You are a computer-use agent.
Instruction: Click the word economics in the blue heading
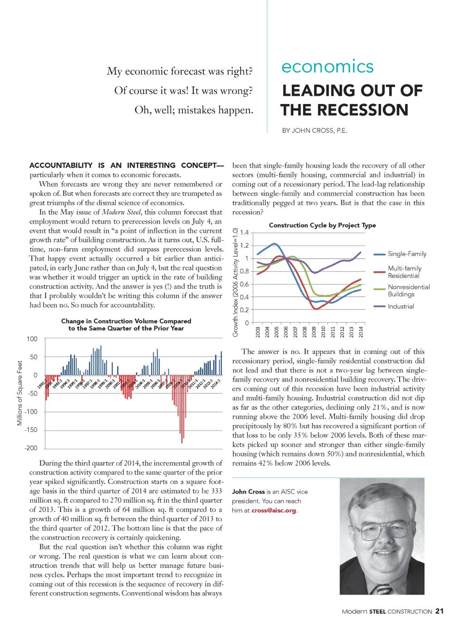click(327, 67)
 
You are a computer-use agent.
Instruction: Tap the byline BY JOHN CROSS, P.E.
click(314, 131)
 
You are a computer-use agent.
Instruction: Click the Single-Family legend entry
click(406, 254)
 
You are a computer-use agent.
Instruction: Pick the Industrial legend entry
click(400, 306)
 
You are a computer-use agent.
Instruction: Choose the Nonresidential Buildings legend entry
click(408, 291)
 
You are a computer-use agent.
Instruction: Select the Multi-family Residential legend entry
click(404, 272)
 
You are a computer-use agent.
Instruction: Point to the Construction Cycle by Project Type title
click(322, 225)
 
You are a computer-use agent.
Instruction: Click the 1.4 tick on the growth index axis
click(244, 232)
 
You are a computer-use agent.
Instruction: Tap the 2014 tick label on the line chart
click(361, 331)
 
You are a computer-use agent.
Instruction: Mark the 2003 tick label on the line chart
click(258, 331)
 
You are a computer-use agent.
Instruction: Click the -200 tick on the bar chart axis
click(31, 448)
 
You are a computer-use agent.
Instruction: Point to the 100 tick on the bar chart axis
click(32, 339)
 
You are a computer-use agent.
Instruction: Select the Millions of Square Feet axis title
click(19, 393)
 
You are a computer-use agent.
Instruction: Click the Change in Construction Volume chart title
click(126, 325)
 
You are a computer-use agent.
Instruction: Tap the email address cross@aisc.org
click(274, 511)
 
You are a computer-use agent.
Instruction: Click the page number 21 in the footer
click(439, 611)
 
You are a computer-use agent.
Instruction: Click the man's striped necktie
click(383, 589)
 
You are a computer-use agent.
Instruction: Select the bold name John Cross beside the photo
click(249, 492)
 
